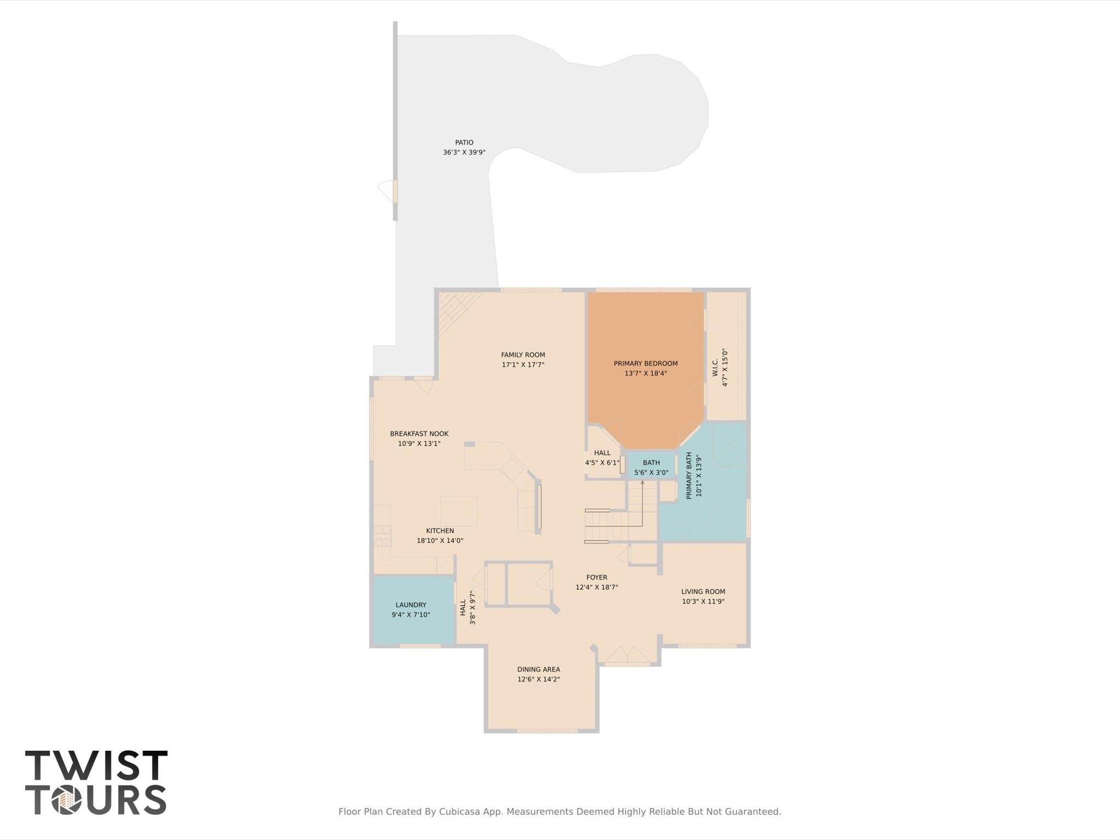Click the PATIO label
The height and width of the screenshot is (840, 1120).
click(464, 142)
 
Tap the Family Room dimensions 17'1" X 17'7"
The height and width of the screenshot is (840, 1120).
click(523, 364)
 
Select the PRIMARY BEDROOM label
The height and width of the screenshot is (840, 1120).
click(645, 363)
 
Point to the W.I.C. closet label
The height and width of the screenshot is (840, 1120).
click(715, 367)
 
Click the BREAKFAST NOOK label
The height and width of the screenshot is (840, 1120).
click(419, 433)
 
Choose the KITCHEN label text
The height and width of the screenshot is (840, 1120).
click(440, 530)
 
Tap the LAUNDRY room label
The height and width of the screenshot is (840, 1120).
click(410, 605)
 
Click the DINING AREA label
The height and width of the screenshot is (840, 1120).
click(538, 669)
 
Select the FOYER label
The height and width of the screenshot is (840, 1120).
click(596, 577)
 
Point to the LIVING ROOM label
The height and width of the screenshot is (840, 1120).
click(703, 592)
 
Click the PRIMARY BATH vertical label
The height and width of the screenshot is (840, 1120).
click(689, 475)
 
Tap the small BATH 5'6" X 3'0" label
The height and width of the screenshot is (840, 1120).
click(651, 467)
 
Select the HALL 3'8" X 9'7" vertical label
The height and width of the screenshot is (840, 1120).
click(463, 607)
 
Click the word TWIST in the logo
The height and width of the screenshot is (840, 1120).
click(96, 766)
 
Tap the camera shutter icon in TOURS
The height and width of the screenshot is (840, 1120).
click(67, 801)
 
